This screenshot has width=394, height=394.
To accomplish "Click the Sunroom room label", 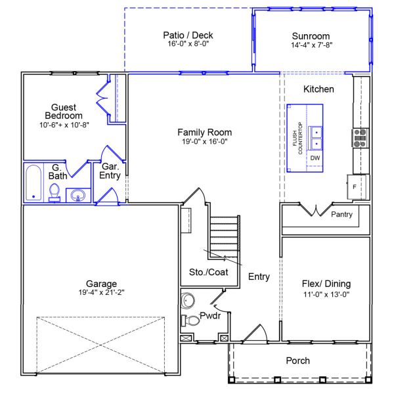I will click(311, 35).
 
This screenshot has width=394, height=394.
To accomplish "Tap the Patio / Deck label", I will click(188, 35).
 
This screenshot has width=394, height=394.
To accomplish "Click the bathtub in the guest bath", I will click(33, 183).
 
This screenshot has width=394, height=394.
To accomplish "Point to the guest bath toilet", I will click(55, 192).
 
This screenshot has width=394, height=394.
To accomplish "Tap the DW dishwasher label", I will click(315, 158).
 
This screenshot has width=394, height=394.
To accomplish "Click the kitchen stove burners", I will click(360, 137).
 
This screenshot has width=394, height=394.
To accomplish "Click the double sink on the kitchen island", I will click(316, 137).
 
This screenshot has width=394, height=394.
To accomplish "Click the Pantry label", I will click(341, 214).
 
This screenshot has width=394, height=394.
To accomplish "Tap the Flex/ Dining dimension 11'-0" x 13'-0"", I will click(326, 294).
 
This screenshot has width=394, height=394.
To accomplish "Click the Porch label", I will click(298, 361).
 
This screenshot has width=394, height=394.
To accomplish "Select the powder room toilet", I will click(191, 321).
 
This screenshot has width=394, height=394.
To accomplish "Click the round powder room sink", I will click(189, 300).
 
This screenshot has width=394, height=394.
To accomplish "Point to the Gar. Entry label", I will click(109, 171).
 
